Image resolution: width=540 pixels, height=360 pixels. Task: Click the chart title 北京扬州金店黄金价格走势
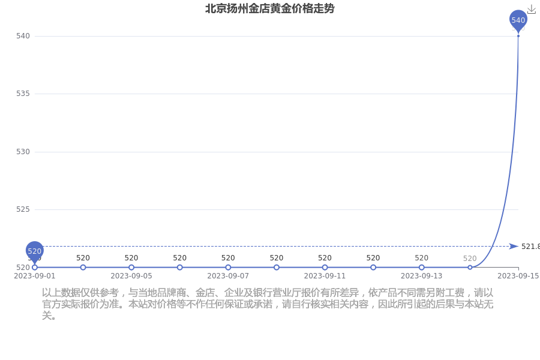click(x=269, y=8)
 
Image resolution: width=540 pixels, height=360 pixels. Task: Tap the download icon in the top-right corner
click(x=532, y=10)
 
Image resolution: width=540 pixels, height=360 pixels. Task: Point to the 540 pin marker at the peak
click(x=518, y=20)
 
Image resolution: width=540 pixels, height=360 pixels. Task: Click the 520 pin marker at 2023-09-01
click(x=34, y=252)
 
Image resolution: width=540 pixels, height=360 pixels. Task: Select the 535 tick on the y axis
click(x=23, y=94)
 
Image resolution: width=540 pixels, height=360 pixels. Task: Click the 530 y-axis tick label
click(x=23, y=152)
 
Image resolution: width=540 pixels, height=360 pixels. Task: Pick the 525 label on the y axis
click(x=23, y=209)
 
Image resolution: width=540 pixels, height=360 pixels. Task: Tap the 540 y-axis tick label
click(x=23, y=36)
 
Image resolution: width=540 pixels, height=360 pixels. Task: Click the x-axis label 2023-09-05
click(x=131, y=276)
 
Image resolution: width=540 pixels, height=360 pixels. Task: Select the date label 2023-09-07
click(x=228, y=276)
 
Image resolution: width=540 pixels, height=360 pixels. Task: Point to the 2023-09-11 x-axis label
click(x=325, y=276)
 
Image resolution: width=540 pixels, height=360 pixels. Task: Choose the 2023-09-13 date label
click(x=422, y=276)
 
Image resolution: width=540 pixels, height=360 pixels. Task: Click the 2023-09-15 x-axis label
click(x=518, y=276)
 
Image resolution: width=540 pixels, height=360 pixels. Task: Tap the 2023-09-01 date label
click(x=34, y=276)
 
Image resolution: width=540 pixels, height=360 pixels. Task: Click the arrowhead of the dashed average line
click(x=514, y=247)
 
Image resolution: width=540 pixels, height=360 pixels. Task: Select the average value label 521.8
click(x=530, y=247)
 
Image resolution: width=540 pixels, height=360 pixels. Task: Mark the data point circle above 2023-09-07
click(x=228, y=268)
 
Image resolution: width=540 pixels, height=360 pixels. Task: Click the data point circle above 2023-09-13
click(x=422, y=268)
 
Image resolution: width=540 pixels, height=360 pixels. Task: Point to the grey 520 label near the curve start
click(x=470, y=259)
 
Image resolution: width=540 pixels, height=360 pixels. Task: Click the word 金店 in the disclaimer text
click(x=205, y=293)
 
